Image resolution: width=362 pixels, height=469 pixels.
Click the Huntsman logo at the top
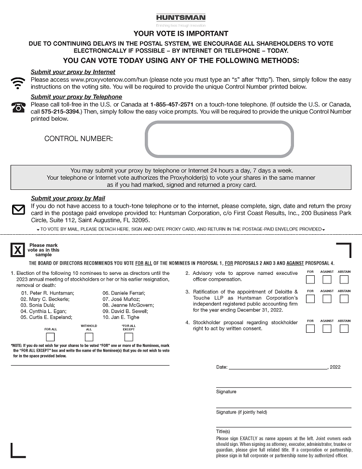coord(181,18)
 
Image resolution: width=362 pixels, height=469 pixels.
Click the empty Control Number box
coord(219,139)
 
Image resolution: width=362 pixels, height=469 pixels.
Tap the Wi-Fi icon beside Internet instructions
coord(18,83)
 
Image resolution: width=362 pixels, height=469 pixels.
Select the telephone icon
coord(18,107)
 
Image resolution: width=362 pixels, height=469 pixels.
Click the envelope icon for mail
coord(18,210)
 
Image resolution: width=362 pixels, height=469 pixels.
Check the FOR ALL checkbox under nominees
coord(50,337)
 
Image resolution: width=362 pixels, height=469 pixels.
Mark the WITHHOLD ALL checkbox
coord(89,337)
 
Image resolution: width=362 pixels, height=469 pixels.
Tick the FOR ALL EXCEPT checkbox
coord(129,337)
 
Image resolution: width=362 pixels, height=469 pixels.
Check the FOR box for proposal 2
coord(310,279)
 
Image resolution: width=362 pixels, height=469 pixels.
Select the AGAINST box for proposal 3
coord(327,298)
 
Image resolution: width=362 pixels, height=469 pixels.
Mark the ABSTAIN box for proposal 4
coord(344,328)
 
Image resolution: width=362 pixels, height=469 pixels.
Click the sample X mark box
coord(17,250)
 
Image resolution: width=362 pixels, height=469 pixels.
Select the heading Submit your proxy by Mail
coord(68,199)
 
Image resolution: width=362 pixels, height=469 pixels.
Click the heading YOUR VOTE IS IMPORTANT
coord(181,34)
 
